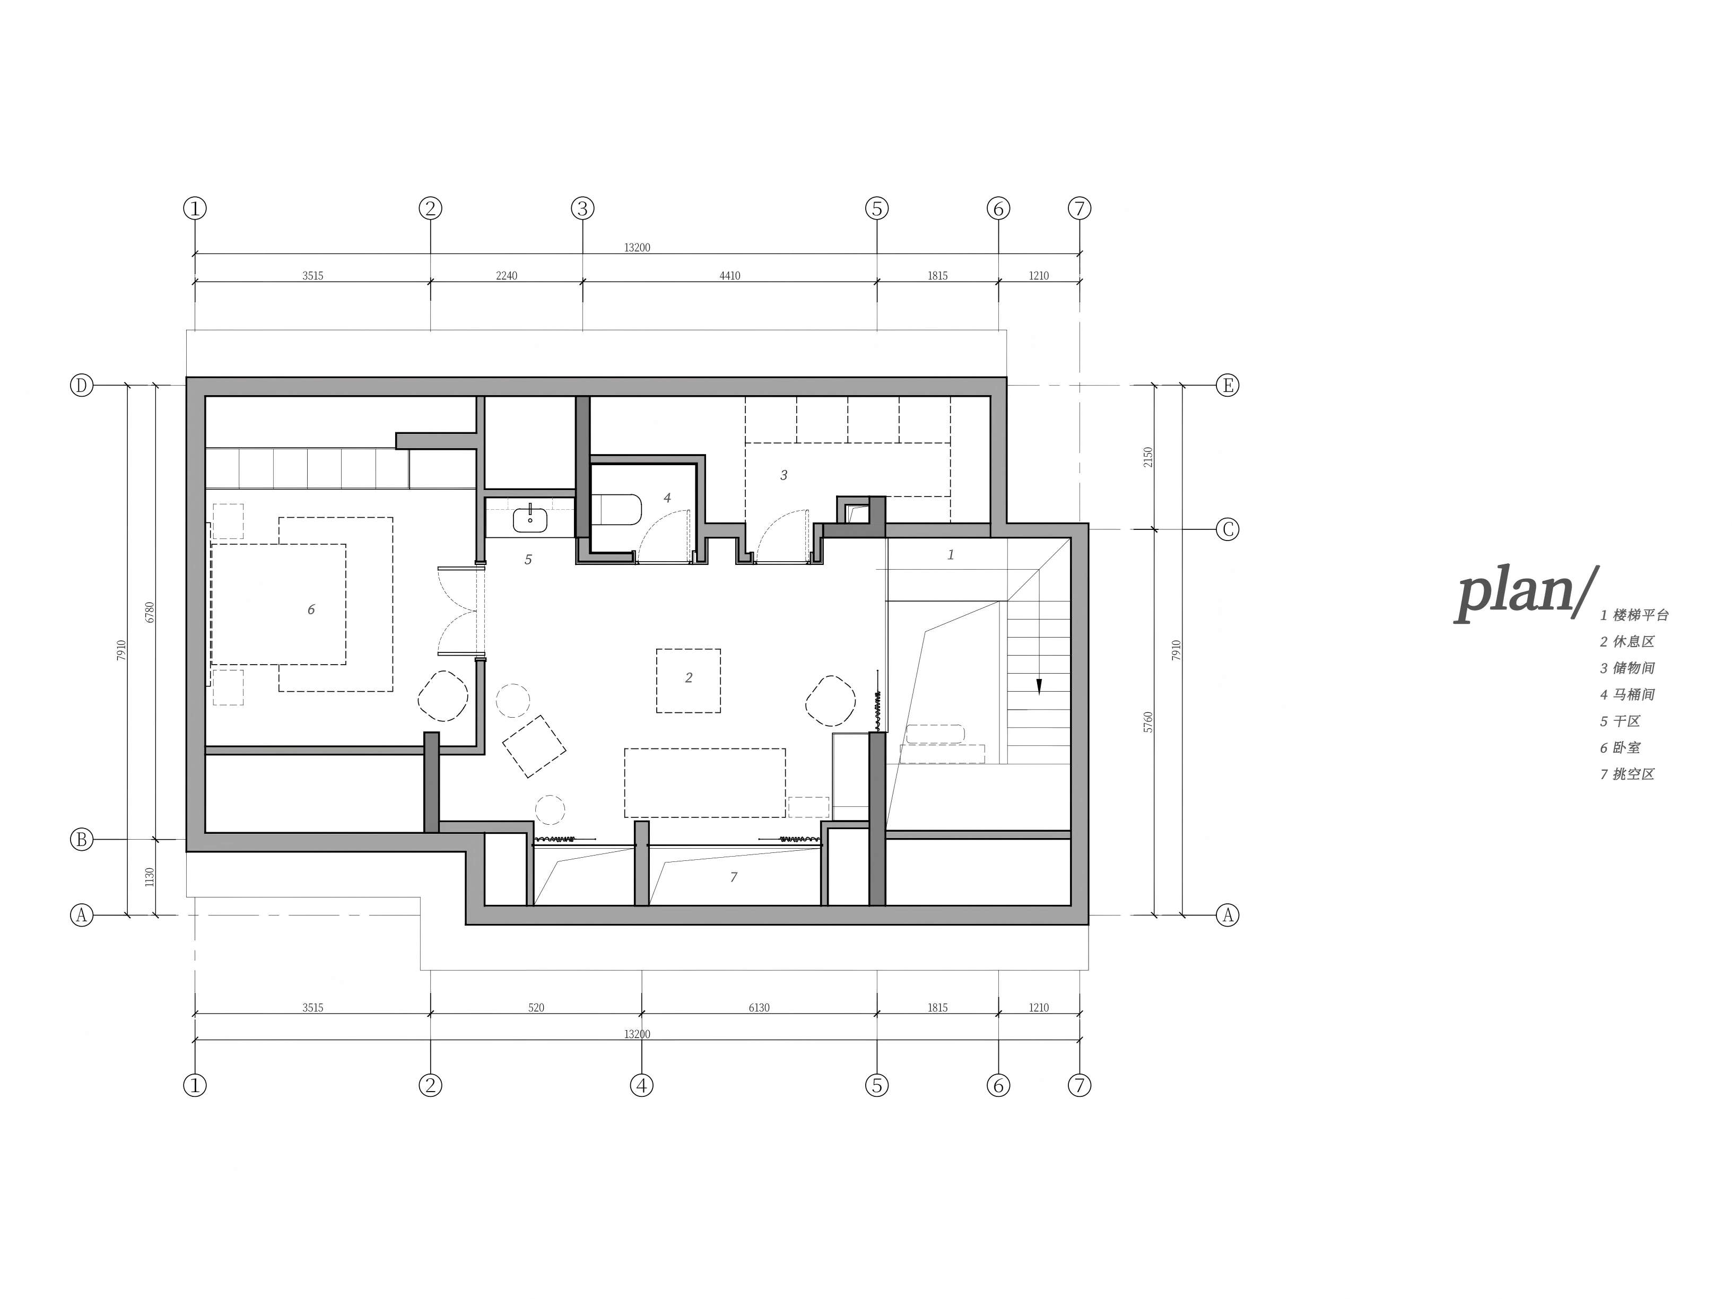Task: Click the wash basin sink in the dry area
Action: click(x=531, y=519)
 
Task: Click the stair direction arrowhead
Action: click(x=1039, y=687)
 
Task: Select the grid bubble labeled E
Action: click(x=1227, y=385)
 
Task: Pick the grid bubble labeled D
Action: click(x=82, y=385)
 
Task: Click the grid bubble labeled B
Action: click(x=82, y=839)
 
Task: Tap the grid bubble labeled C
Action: click(x=1227, y=530)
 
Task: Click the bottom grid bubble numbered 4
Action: click(x=641, y=1085)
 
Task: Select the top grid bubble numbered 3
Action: click(x=582, y=208)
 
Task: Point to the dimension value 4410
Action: click(x=730, y=276)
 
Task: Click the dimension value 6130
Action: click(x=759, y=1008)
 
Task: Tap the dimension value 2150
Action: click(x=1148, y=457)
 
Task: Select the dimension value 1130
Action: click(x=150, y=877)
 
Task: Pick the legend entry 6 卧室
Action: click(x=1620, y=748)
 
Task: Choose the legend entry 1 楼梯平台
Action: click(x=1634, y=615)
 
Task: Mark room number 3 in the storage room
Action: click(x=784, y=475)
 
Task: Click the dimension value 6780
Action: click(x=150, y=612)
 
